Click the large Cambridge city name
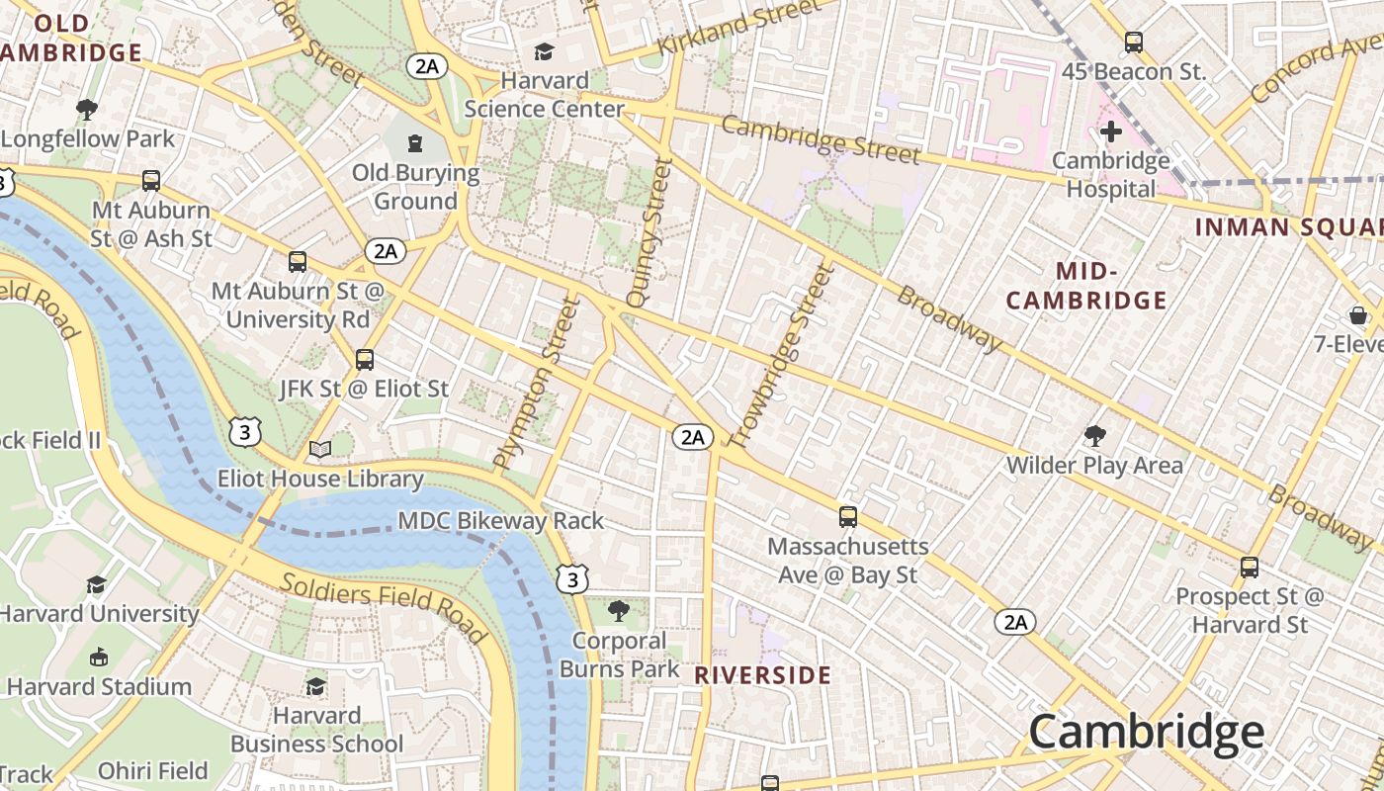coord(1146,733)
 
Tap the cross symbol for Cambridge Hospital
coord(1111,131)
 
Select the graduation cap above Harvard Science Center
coord(544,51)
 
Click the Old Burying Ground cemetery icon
coord(414,144)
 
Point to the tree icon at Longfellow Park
coord(87,109)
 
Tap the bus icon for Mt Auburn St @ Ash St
coord(151,181)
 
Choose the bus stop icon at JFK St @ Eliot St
coord(365,360)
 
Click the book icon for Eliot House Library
coord(320,450)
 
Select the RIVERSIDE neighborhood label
coord(762,675)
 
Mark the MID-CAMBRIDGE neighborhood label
coord(1086,286)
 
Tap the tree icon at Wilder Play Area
coord(1094,435)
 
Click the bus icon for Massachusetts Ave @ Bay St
coord(848,517)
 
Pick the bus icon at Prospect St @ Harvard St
coord(1250,568)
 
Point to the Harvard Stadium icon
coord(99,657)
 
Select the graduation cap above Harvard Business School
coord(316,685)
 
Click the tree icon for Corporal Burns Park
coord(619,610)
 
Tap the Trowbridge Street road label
coord(780,354)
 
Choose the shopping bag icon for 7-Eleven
coord(1358,315)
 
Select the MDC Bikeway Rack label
coord(500,520)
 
